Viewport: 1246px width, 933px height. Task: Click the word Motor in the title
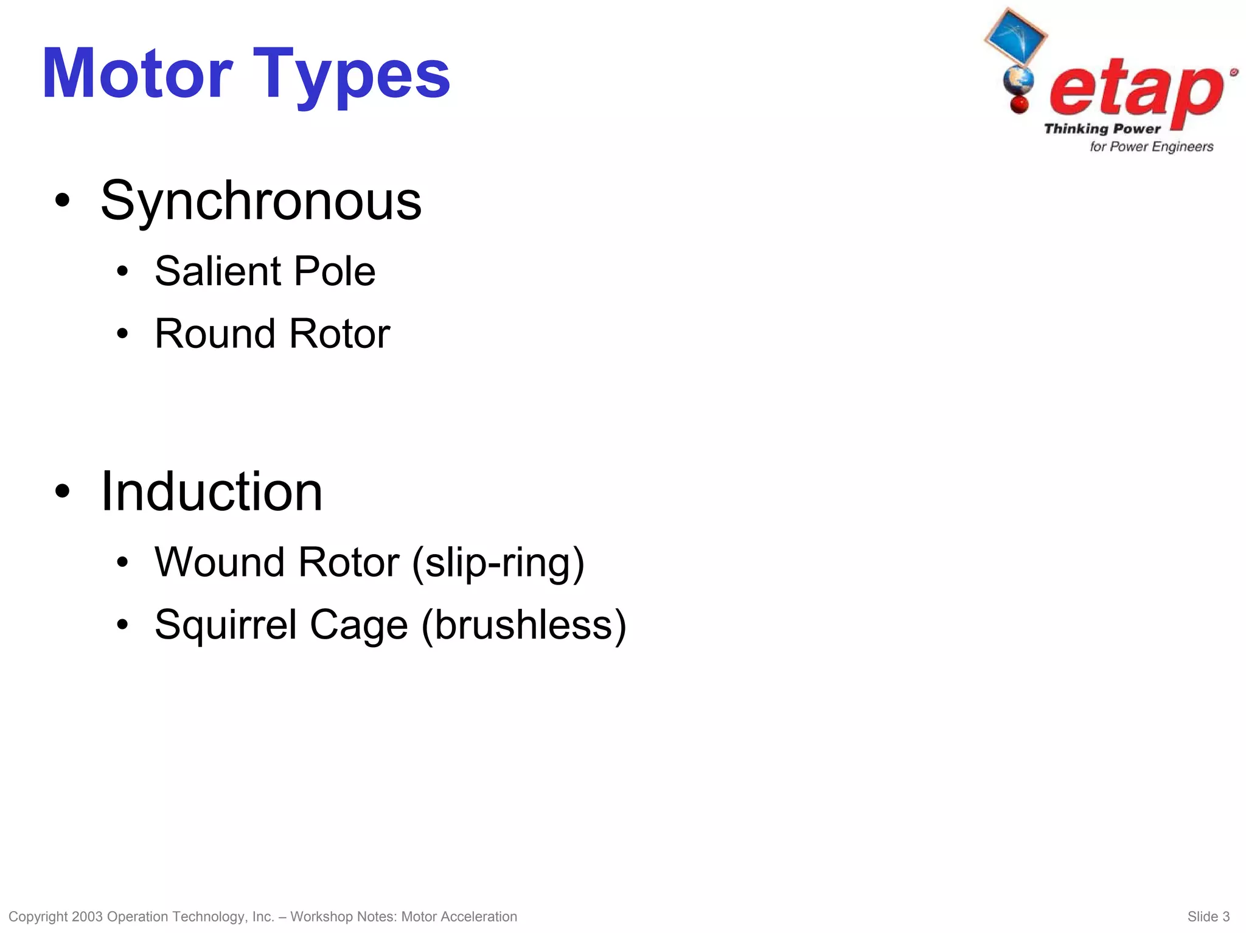pos(137,74)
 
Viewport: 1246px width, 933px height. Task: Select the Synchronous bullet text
pos(260,201)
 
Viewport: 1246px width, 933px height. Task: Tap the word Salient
pos(217,271)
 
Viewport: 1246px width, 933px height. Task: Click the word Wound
pos(220,562)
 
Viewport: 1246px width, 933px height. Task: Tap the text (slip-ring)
pos(498,563)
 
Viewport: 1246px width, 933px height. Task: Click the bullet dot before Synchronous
pos(62,201)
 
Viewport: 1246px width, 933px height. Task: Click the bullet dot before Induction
pos(62,491)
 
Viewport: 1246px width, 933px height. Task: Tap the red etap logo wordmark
pos(1136,91)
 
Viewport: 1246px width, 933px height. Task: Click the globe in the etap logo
pos(1018,80)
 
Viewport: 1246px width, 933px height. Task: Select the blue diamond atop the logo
pos(1015,36)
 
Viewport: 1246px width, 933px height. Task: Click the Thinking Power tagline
pos(1102,129)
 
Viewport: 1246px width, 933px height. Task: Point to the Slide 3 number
pos(1208,917)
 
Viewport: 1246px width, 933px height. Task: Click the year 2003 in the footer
pos(87,917)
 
